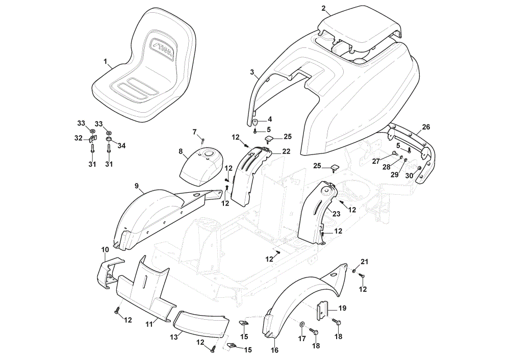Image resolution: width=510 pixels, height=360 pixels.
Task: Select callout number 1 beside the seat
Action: (106, 61)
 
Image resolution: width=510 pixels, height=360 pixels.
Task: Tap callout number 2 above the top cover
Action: (323, 9)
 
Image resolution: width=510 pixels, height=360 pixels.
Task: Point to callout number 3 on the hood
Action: (252, 72)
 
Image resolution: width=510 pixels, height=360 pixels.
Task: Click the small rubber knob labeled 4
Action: (255, 123)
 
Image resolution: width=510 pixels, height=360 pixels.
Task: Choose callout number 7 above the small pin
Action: (194, 132)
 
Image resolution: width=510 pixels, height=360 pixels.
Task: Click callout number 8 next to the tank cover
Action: (181, 151)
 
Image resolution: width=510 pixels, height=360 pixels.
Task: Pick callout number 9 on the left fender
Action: (137, 186)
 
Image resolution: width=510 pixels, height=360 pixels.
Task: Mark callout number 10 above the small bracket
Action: (105, 250)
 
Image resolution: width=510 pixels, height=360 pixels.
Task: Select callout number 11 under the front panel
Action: (149, 324)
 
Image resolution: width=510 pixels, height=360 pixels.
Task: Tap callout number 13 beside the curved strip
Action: (174, 337)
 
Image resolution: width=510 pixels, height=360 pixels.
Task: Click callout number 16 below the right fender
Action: (275, 350)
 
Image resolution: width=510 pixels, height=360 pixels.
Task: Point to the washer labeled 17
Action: (302, 324)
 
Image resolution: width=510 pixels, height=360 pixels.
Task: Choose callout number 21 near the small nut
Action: (365, 262)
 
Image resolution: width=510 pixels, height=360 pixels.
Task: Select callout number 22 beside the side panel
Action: (286, 151)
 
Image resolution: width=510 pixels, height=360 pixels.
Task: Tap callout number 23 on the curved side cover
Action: (336, 214)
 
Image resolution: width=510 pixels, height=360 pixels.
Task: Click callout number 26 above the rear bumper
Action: (426, 127)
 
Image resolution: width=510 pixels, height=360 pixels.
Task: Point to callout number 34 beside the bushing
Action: (121, 145)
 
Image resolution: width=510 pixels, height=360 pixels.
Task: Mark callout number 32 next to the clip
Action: (79, 138)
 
